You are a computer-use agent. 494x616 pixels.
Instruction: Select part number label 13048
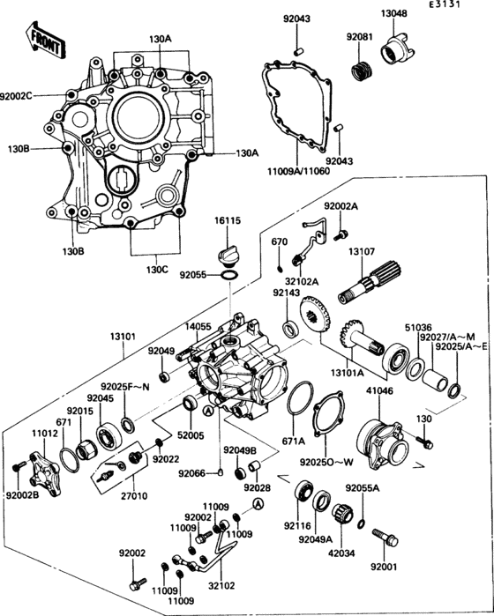[x=394, y=14]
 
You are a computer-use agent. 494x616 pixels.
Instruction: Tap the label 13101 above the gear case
[x=123, y=336]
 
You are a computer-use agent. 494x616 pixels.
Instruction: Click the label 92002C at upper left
[x=18, y=94]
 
